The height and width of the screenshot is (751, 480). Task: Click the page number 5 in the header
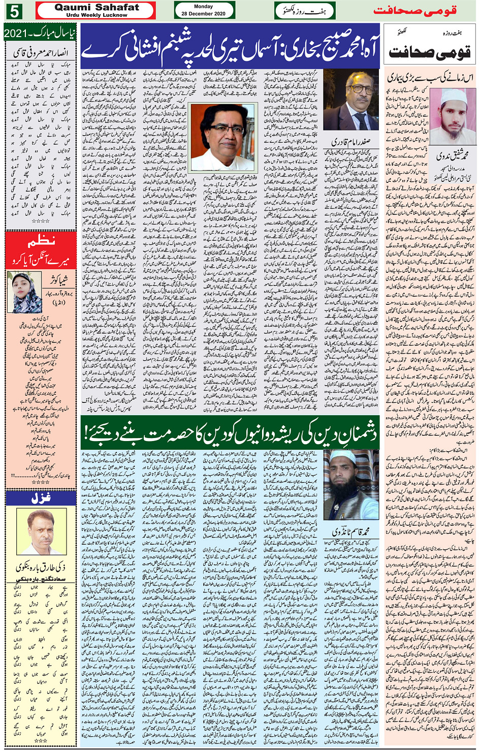(x=14, y=10)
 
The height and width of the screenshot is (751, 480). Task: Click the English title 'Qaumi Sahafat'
(x=97, y=7)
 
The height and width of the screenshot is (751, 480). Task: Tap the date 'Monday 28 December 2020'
(x=203, y=10)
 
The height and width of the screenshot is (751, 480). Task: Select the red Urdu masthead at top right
(x=415, y=10)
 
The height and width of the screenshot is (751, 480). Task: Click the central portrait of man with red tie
(x=222, y=137)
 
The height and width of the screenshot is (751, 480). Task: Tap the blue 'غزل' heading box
(x=41, y=498)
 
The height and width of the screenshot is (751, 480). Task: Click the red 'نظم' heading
(x=41, y=240)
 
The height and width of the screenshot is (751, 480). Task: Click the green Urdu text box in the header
(x=305, y=10)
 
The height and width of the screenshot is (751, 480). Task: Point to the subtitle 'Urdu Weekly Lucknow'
(x=97, y=15)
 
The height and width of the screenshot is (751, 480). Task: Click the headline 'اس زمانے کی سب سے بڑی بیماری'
(x=430, y=78)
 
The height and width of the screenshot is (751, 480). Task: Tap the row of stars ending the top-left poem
(x=41, y=222)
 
